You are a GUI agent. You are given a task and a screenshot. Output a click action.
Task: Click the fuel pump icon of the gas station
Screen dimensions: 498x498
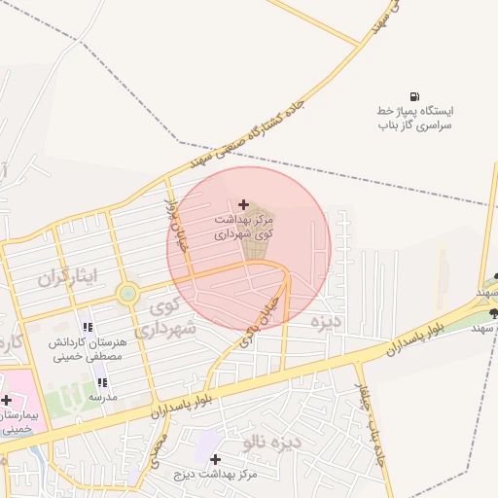point(415,97)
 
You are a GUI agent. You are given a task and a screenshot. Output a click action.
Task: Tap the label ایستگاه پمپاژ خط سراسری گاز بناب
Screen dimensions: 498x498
point(415,119)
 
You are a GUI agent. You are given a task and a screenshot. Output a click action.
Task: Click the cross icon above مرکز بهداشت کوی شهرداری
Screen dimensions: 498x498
point(242,204)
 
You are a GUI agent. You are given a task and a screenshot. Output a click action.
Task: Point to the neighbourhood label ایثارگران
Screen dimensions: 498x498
point(69,277)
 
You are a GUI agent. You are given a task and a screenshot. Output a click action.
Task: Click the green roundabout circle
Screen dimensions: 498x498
point(127,293)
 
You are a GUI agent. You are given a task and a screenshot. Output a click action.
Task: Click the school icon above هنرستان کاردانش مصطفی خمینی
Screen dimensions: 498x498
point(87,327)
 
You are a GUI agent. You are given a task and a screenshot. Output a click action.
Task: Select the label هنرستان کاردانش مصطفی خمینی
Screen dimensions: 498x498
point(87,350)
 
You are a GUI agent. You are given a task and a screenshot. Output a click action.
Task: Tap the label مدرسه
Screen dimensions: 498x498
point(103,397)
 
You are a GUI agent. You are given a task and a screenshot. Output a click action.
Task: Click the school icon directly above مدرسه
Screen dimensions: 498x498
point(103,382)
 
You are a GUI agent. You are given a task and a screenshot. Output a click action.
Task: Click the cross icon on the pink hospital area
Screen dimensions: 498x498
point(7,400)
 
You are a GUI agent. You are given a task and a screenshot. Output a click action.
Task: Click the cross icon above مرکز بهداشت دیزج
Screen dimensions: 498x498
point(215,458)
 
